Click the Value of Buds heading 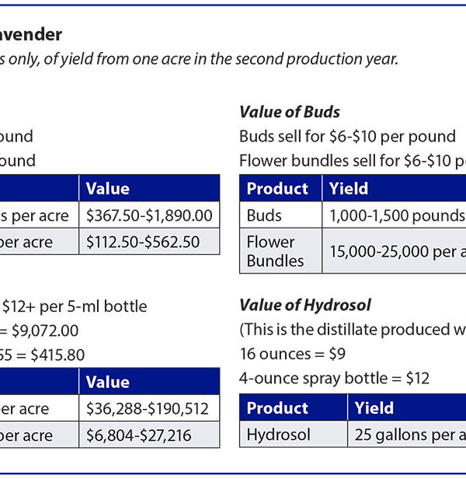pyautogui.click(x=289, y=112)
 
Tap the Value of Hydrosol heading pyautogui.click(x=304, y=305)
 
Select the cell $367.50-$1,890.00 pyautogui.click(x=148, y=215)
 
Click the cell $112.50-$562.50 pyautogui.click(x=142, y=242)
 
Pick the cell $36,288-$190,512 pyautogui.click(x=148, y=408)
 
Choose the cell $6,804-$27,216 pyautogui.click(x=138, y=435)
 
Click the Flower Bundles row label pyautogui.click(x=276, y=251)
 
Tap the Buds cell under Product pyautogui.click(x=264, y=215)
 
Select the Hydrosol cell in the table pyautogui.click(x=278, y=435)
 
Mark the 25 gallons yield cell pyautogui.click(x=408, y=435)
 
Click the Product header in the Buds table pyautogui.click(x=277, y=189)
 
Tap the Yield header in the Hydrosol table pyautogui.click(x=374, y=408)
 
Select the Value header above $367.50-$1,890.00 pyautogui.click(x=107, y=189)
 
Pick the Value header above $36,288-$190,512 pyautogui.click(x=107, y=382)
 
